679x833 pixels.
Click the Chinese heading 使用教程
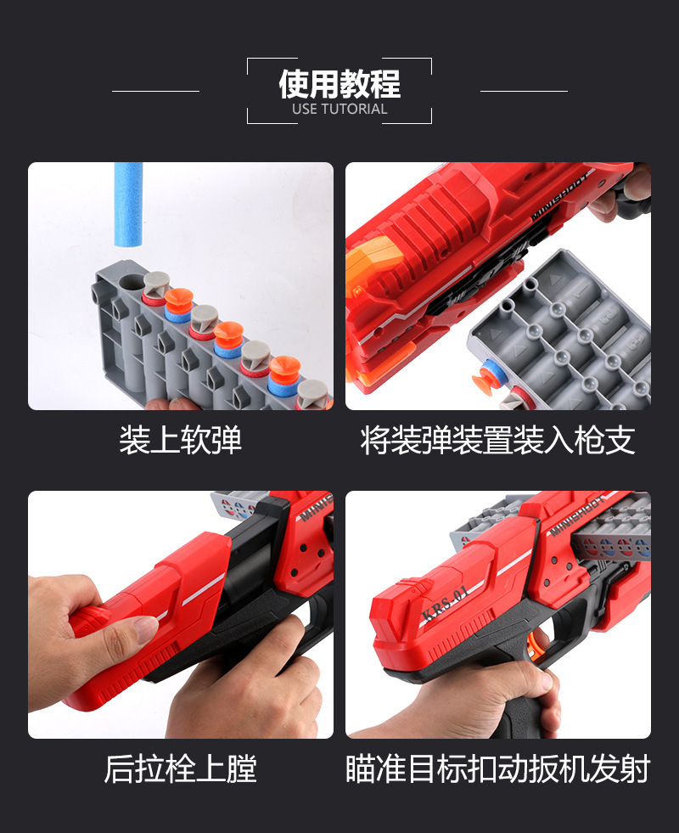tap(339, 84)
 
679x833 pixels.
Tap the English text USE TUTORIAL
tap(339, 109)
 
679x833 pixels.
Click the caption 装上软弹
tap(181, 440)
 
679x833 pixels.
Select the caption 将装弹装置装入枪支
tap(498, 440)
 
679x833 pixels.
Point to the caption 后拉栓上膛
tap(181, 768)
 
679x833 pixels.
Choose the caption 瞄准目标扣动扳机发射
tap(498, 768)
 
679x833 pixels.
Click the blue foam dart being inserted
tap(128, 205)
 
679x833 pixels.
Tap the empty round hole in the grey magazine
tap(131, 283)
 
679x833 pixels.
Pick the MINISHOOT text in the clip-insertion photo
tap(561, 195)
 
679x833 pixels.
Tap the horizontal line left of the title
tap(155, 92)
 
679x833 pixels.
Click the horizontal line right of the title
tap(524, 92)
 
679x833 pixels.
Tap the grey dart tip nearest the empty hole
tap(156, 283)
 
